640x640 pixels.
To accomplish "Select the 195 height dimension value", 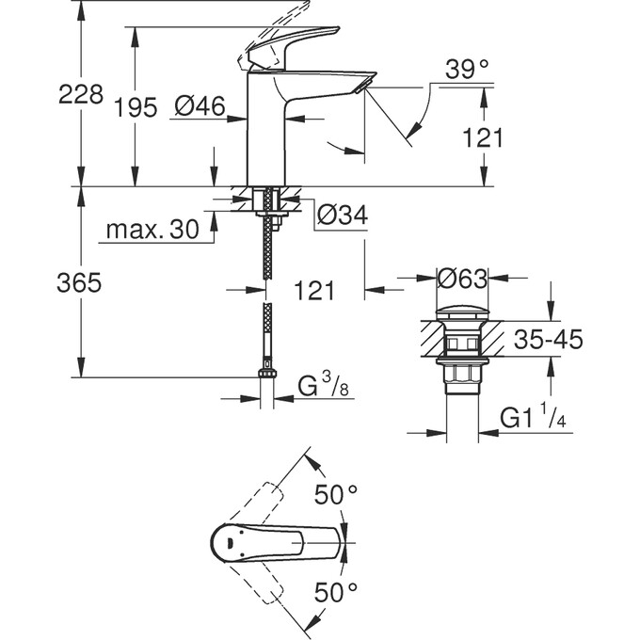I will [137, 108].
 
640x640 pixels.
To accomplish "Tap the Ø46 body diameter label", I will [200, 108].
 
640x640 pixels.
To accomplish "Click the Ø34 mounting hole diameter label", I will [342, 216].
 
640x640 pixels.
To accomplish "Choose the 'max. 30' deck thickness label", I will [152, 230].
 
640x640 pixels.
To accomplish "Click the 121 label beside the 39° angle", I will [483, 137].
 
